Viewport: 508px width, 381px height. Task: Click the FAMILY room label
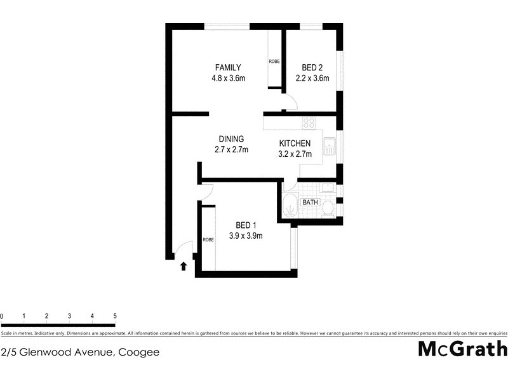(228, 67)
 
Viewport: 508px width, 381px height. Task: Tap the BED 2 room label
(312, 67)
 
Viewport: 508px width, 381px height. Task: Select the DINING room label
(231, 139)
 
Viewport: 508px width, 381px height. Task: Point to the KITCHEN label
(295, 144)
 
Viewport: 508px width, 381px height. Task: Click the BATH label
(310, 203)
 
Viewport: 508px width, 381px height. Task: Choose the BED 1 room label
(246, 225)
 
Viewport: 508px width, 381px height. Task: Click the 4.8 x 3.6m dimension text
(228, 78)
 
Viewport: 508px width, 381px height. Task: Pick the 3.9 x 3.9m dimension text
(246, 236)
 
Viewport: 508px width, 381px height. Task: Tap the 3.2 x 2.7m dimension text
(295, 154)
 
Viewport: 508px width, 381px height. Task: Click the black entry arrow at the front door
(184, 266)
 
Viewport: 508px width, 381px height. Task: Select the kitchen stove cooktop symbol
(309, 123)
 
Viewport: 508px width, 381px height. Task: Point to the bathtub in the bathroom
(290, 206)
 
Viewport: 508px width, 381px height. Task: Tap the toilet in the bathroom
(328, 208)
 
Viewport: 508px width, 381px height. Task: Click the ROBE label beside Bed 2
(274, 62)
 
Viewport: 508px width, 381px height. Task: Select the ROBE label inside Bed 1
(208, 239)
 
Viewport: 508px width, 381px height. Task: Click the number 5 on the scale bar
(115, 316)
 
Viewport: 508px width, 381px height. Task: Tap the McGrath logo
(462, 350)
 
